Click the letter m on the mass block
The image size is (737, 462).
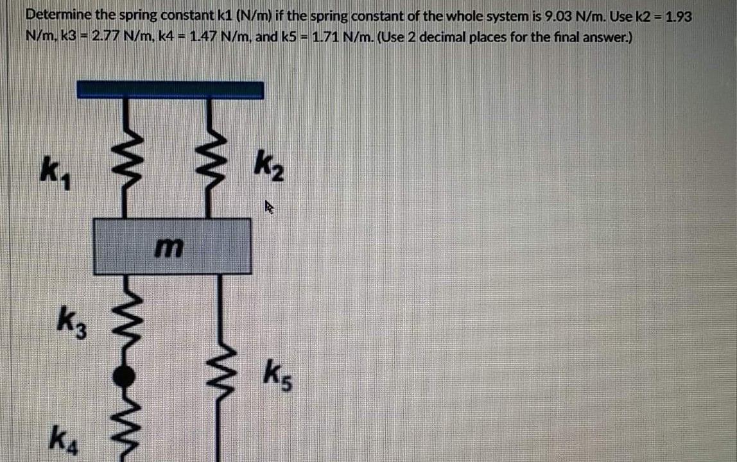(172, 246)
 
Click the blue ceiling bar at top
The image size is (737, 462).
(169, 89)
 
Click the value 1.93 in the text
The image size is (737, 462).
(679, 16)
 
